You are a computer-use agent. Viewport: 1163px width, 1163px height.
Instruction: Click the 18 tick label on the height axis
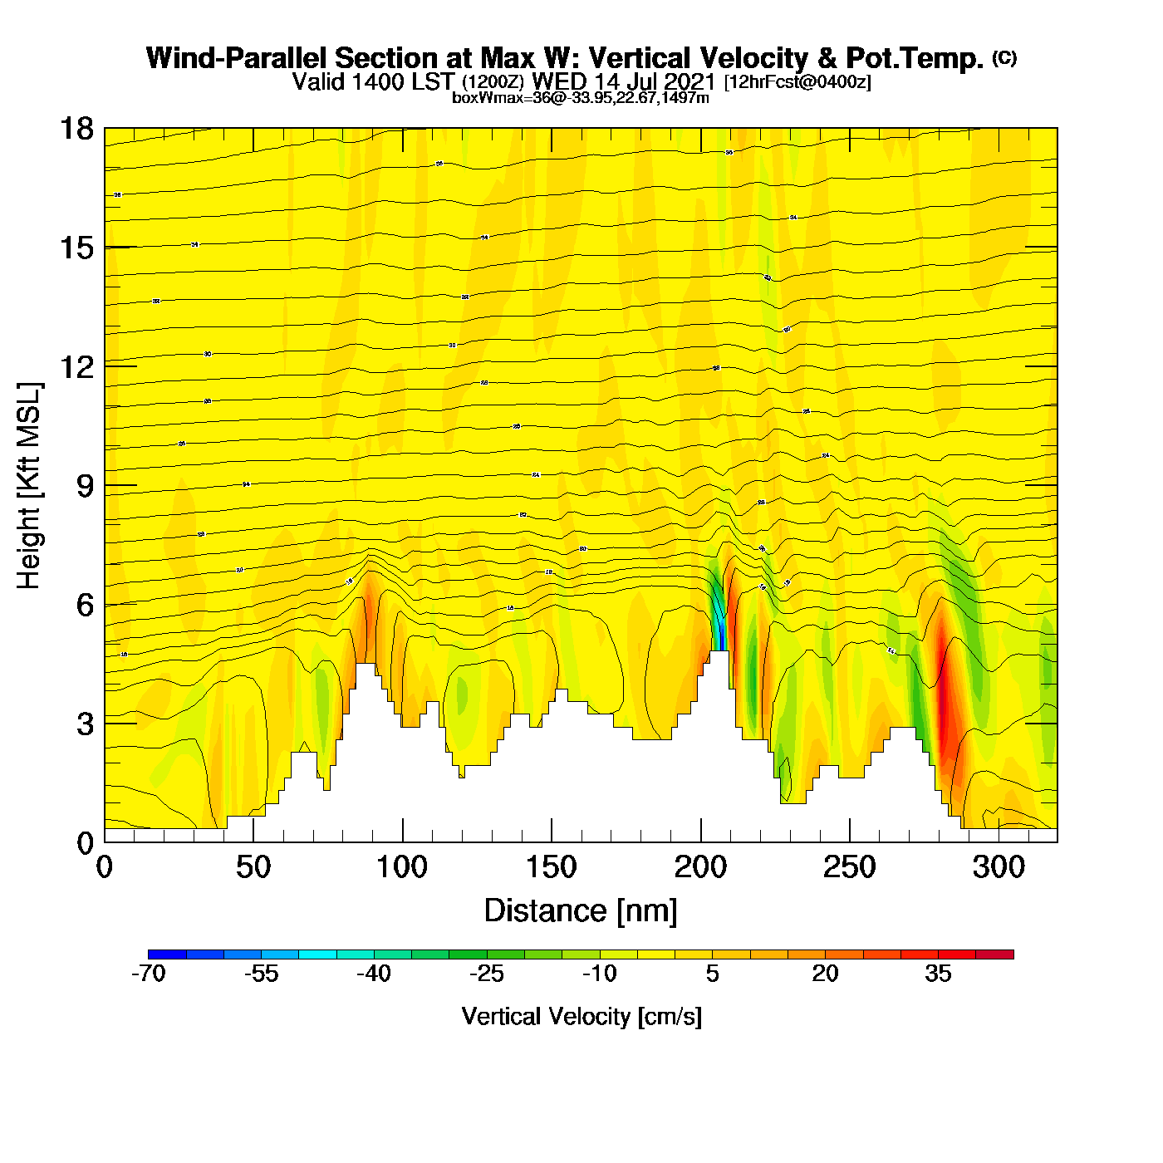76,129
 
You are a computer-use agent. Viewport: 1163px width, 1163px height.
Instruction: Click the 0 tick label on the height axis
85,843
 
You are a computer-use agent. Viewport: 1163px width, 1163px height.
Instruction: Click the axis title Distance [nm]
581,911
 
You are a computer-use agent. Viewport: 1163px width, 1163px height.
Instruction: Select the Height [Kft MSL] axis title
29,486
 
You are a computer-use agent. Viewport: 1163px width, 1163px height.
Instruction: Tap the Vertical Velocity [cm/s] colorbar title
581,1016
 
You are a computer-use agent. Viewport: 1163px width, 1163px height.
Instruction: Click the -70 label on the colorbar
149,974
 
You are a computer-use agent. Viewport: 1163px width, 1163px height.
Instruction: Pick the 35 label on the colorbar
938,974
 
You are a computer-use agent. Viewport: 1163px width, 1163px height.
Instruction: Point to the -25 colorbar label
486,974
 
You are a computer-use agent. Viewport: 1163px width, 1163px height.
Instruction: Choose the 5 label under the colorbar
713,974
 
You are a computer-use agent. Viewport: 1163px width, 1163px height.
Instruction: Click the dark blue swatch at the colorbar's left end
167,954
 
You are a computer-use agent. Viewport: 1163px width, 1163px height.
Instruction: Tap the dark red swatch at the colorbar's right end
994,954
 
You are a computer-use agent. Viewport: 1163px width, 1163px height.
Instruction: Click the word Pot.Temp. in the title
914,58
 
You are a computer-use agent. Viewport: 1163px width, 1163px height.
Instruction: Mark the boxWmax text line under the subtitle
581,98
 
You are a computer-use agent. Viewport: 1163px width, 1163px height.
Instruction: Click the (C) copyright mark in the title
1004,57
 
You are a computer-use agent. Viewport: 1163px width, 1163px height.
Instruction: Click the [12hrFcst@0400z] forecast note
797,82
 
